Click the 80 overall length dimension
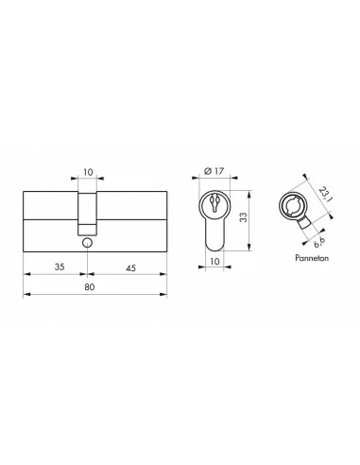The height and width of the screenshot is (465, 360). pos(90,285)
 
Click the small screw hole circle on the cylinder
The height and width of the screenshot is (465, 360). pos(86,243)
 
